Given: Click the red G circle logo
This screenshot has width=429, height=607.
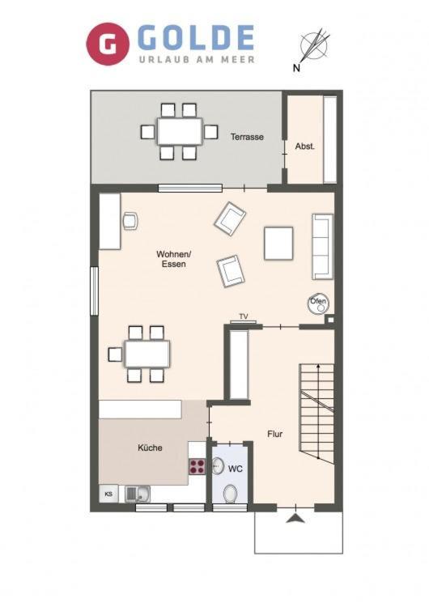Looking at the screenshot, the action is click(108, 44).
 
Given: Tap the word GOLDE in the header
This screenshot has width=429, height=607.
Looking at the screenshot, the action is click(196, 38).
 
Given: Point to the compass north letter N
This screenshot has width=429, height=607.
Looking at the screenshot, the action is click(296, 69).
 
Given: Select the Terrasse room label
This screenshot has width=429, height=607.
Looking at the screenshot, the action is click(247, 137).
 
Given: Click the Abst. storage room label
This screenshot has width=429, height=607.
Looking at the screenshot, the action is click(304, 146).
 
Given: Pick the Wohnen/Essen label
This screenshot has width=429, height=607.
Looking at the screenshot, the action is click(174, 259).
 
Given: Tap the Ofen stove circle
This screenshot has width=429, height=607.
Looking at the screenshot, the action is click(318, 303).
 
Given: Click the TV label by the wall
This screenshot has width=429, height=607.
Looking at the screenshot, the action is click(244, 316).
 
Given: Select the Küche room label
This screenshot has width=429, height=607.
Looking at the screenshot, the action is click(150, 448).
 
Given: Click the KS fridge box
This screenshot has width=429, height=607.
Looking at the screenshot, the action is click(108, 494).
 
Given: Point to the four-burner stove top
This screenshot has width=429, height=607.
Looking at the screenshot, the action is click(197, 466).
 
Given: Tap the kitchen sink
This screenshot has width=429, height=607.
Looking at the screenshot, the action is click(138, 494).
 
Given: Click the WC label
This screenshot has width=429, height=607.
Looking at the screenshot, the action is click(235, 469).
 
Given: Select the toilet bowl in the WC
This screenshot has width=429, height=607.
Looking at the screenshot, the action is click(231, 494).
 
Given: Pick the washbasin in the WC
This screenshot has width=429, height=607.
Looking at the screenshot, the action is click(219, 466).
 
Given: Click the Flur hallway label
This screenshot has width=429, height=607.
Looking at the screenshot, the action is click(275, 434).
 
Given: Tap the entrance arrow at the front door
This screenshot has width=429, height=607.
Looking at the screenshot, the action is click(295, 518).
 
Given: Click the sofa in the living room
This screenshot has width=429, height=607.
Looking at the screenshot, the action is click(322, 246).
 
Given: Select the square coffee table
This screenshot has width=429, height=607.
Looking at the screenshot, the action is click(278, 243).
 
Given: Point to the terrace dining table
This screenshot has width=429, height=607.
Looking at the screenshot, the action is click(179, 132).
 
